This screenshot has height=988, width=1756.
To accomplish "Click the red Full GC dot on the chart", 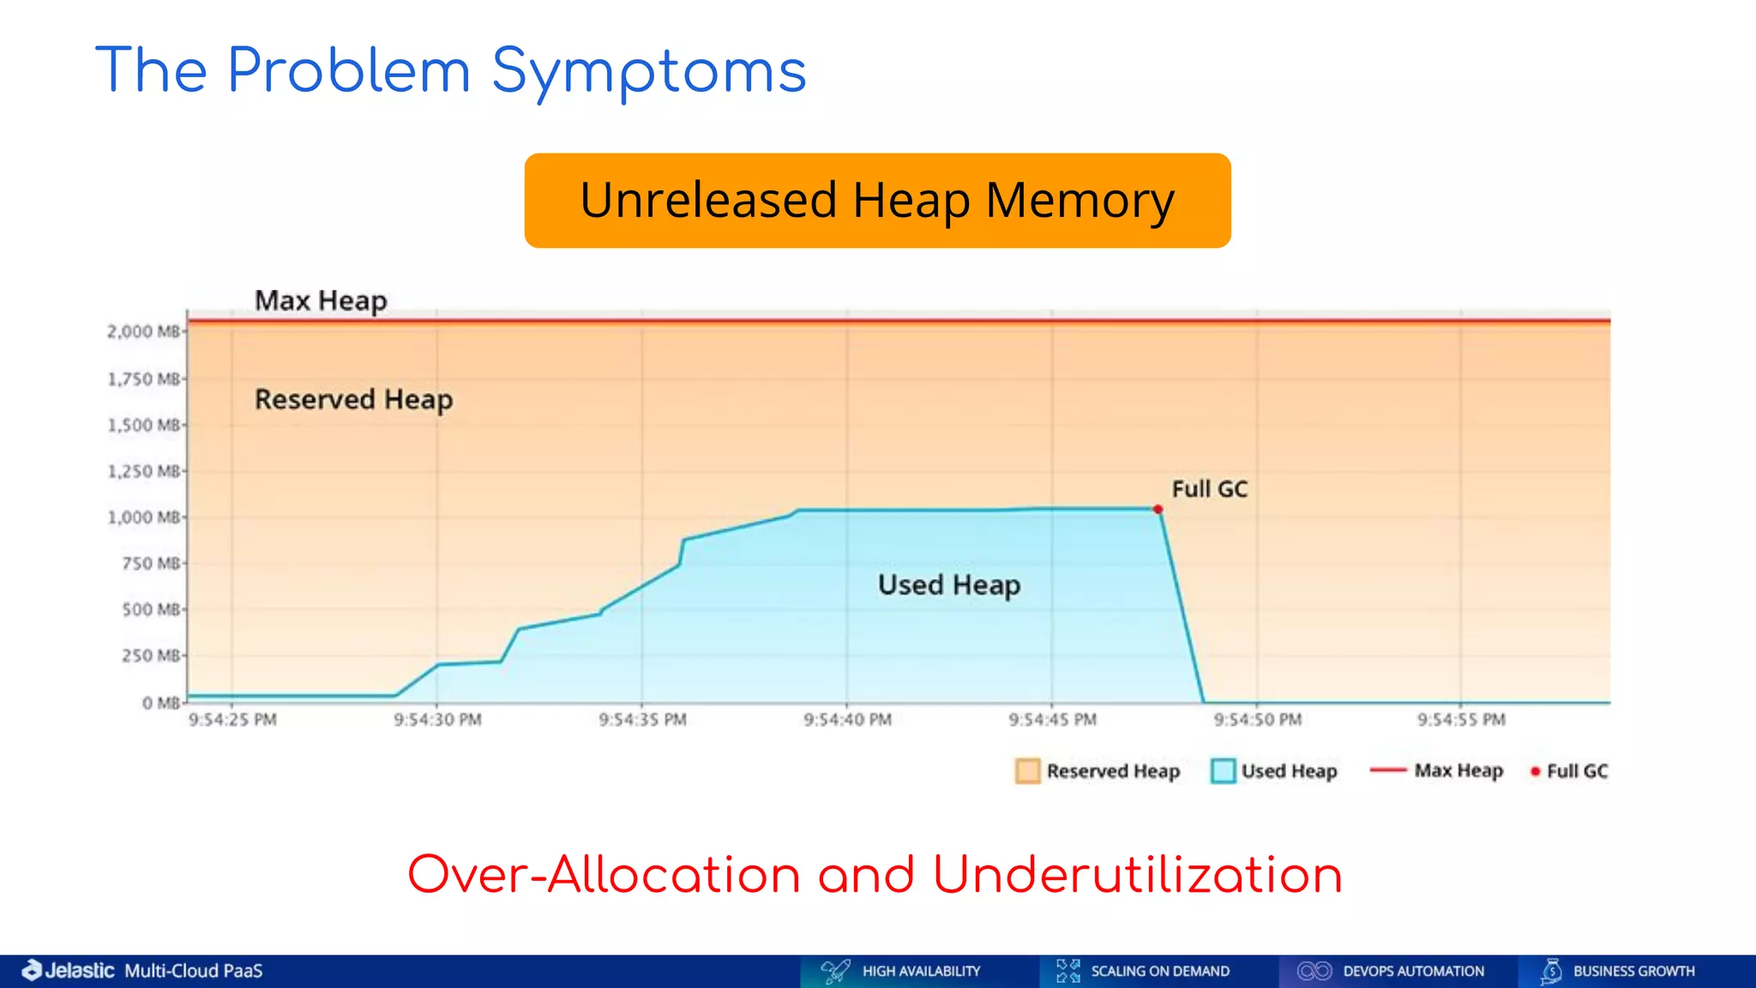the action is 1158,509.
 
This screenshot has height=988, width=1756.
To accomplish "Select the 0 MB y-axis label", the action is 161,703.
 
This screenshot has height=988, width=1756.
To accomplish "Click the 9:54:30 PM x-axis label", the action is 437,720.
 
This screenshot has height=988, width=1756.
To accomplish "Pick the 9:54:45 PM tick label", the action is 1052,720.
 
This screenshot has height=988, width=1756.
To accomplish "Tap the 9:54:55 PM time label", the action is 1461,720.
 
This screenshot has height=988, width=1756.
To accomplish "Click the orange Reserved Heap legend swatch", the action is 1027,771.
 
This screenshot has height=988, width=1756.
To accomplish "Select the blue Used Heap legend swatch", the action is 1223,771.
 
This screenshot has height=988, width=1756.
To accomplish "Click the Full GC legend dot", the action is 1535,772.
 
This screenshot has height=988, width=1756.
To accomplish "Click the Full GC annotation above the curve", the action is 1209,489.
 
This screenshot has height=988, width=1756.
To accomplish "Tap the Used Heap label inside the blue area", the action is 949,585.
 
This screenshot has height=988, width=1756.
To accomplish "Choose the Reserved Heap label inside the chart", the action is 353,400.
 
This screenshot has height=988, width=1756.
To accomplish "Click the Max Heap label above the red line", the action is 321,301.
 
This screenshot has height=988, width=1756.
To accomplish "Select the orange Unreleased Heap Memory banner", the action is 877,201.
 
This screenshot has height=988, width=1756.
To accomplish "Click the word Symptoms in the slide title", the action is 649,72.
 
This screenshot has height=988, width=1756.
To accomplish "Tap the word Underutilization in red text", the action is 1137,876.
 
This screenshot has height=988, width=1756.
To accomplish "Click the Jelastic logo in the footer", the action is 69,971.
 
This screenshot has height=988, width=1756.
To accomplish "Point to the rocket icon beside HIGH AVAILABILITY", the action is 835,971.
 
